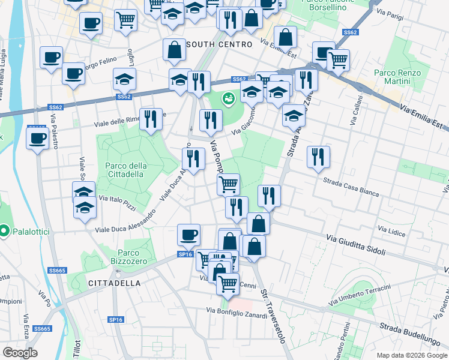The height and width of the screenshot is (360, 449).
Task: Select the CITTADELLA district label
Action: click(x=114, y=283)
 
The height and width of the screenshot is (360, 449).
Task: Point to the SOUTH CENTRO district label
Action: click(x=219, y=44)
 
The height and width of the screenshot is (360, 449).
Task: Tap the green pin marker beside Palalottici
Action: click(x=4, y=231)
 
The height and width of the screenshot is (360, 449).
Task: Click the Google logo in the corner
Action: click(x=20, y=353)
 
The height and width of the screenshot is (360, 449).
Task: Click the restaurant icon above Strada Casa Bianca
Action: click(x=318, y=157)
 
